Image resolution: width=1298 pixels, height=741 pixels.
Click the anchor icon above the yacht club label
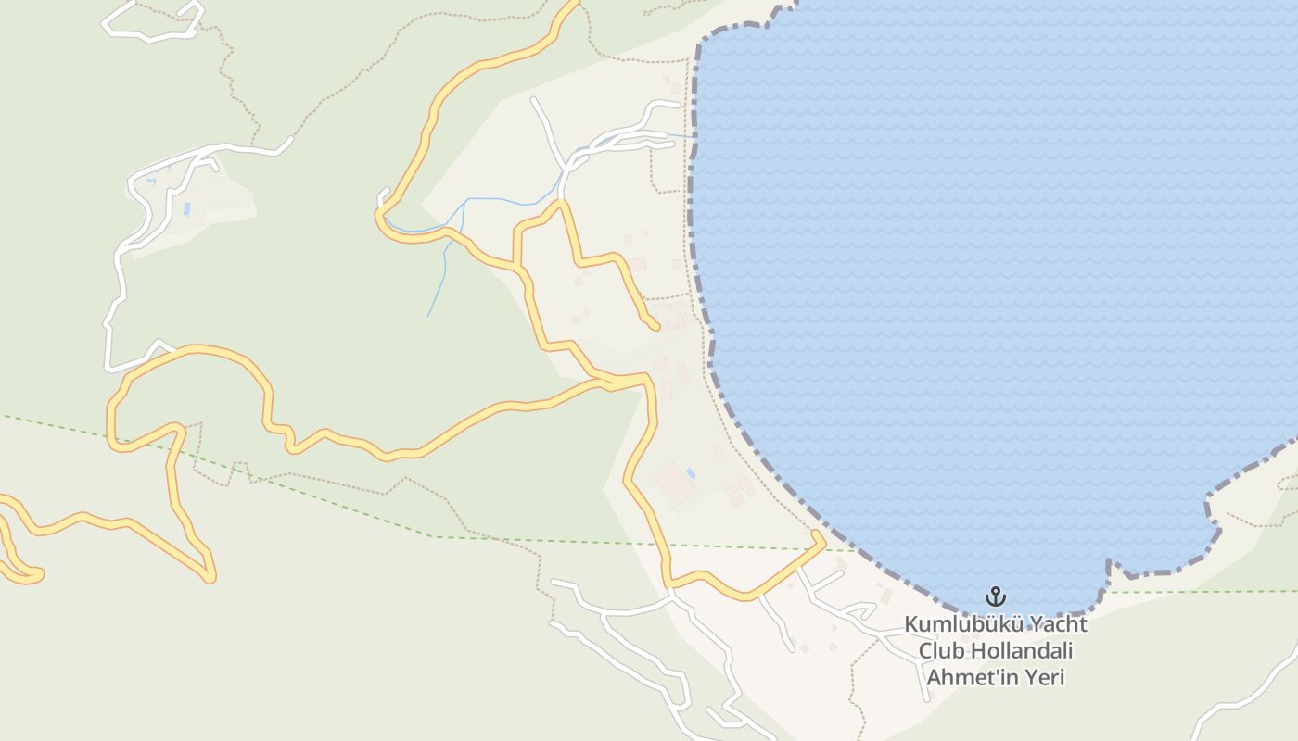click(x=996, y=596)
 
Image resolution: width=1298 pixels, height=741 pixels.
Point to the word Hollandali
click(x=1020, y=651)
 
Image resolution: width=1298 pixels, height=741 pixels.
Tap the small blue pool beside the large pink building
click(x=690, y=473)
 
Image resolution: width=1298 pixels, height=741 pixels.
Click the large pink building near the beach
click(x=675, y=484)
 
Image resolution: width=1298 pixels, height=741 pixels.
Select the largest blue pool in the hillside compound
click(x=186, y=209)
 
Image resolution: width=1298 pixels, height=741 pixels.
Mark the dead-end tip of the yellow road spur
click(x=655, y=326)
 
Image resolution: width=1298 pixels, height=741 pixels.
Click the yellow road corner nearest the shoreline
click(x=820, y=538)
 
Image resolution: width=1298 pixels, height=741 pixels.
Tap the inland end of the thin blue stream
click(x=428, y=317)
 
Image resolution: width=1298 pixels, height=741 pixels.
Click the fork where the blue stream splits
click(x=463, y=201)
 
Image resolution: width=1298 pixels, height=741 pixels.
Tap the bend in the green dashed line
click(x=436, y=536)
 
